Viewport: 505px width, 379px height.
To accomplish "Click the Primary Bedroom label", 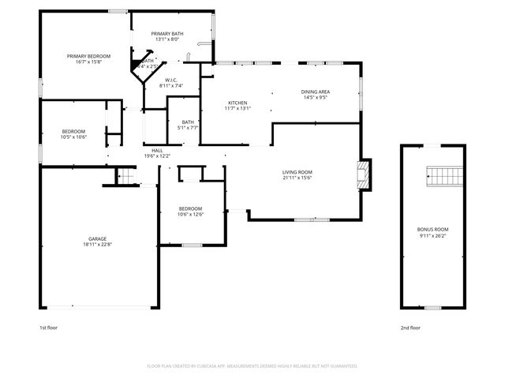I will click(x=88, y=56).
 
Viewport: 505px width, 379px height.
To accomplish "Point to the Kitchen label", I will click(x=238, y=103).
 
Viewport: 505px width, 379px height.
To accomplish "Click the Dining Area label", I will click(x=316, y=92).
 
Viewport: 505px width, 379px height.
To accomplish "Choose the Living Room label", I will click(x=297, y=172).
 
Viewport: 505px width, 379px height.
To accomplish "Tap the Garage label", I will click(x=98, y=238).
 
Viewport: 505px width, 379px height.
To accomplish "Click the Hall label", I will click(x=157, y=150).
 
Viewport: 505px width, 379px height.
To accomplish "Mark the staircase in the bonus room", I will click(x=443, y=174).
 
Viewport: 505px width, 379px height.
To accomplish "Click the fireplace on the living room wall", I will click(x=363, y=176).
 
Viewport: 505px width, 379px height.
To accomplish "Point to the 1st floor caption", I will click(x=48, y=327).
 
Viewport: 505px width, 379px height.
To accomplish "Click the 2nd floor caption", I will click(x=410, y=327).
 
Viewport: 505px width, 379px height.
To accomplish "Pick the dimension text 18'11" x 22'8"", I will click(x=98, y=244).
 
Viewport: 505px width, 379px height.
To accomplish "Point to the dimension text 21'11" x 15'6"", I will click(x=297, y=178).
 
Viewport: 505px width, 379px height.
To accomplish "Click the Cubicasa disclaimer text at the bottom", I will click(x=252, y=366).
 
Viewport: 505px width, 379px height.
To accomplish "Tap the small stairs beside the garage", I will click(x=125, y=177).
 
